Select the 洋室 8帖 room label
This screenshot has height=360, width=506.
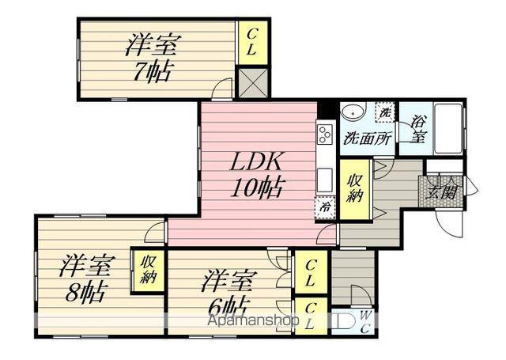click(87, 275)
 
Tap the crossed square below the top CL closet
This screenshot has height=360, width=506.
click(254, 82)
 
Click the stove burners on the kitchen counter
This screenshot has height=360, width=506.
click(325, 135)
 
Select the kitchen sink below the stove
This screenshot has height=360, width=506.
click(324, 177)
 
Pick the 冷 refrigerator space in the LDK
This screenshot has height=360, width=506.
click(325, 206)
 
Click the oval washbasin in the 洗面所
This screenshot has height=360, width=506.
click(353, 112)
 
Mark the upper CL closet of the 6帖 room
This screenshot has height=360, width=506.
click(311, 271)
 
